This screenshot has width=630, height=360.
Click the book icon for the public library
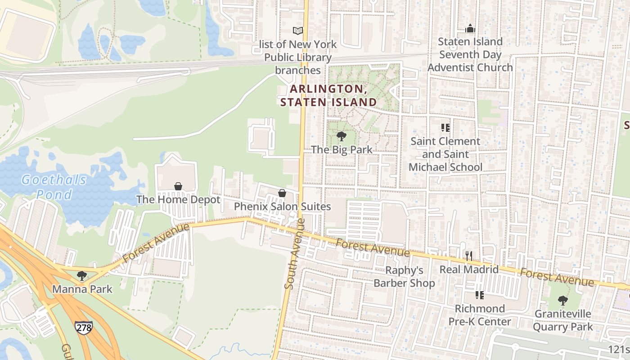[x=298, y=31]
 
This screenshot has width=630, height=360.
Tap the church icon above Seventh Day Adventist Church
[x=470, y=28]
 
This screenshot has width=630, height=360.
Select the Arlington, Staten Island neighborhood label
[x=328, y=95]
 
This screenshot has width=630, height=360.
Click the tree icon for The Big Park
[x=342, y=136]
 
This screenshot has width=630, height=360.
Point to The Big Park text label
[x=342, y=149]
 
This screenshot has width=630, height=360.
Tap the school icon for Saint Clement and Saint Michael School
[x=445, y=128]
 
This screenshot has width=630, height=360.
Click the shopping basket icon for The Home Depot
[x=178, y=186]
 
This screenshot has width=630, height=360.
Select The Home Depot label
[x=178, y=200]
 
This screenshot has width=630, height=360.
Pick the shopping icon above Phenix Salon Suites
[x=282, y=193]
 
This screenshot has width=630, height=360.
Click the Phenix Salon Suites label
[x=282, y=207]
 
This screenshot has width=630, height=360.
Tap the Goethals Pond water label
[x=54, y=187]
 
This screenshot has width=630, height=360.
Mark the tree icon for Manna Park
[x=82, y=275]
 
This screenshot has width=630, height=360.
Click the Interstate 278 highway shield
[x=84, y=327]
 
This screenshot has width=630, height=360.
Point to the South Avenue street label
[x=295, y=254]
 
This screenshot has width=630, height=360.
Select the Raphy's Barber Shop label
[x=404, y=277]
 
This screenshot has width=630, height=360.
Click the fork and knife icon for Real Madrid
[x=469, y=256]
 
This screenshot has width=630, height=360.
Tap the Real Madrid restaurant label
[x=469, y=270]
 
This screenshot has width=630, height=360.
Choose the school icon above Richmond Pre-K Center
[x=480, y=295]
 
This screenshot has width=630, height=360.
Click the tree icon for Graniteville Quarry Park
[x=562, y=301]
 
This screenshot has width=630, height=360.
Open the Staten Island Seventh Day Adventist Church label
[x=470, y=54]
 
